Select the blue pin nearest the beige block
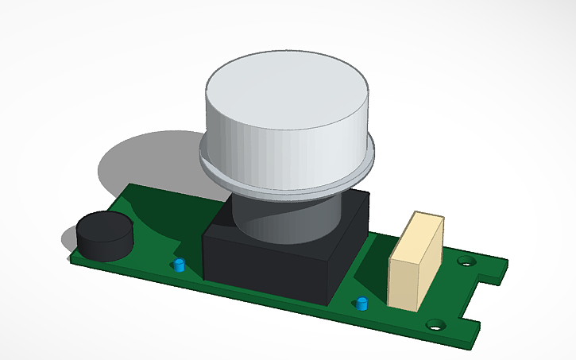pos(362,303)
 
